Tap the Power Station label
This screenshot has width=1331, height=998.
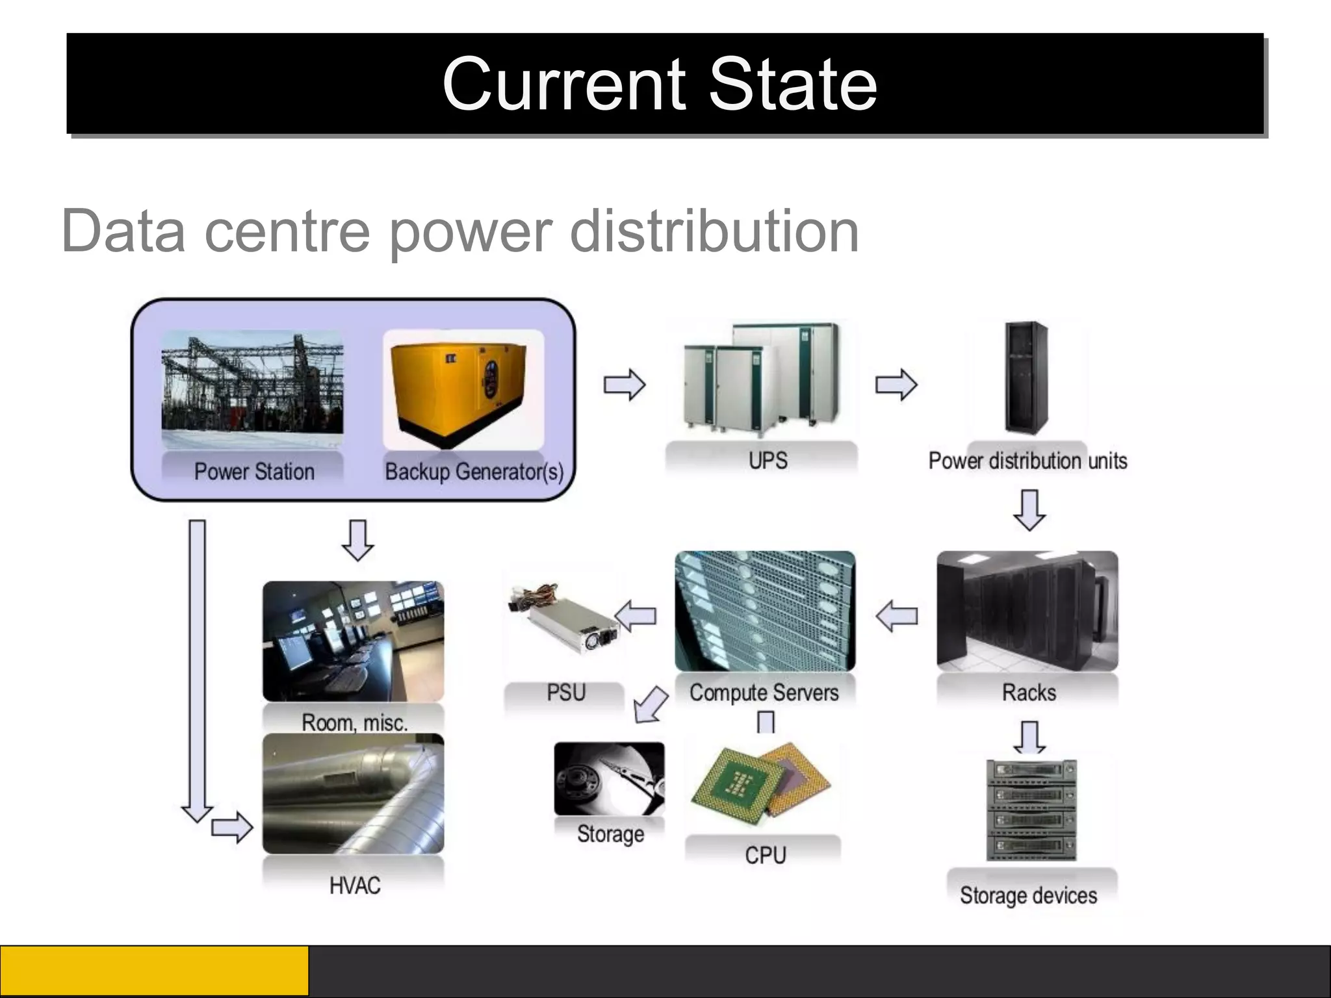pyautogui.click(x=254, y=471)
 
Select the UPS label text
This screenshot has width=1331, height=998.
pyautogui.click(x=768, y=461)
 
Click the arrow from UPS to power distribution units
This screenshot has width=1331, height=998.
pyautogui.click(x=896, y=385)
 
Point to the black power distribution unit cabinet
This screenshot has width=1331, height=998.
pyautogui.click(x=1026, y=377)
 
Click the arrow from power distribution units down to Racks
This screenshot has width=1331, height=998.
pyautogui.click(x=1029, y=510)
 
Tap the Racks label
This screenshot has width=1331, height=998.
pyautogui.click(x=1029, y=693)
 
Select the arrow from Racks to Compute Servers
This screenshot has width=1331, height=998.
pyautogui.click(x=896, y=615)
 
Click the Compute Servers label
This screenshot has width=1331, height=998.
pyautogui.click(x=764, y=693)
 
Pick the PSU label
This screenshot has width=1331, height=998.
pyautogui.click(x=566, y=693)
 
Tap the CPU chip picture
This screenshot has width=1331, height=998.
pyautogui.click(x=760, y=783)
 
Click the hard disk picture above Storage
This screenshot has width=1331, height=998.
pyautogui.click(x=609, y=778)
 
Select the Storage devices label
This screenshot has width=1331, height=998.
pyautogui.click(x=1028, y=895)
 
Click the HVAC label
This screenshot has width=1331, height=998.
pyautogui.click(x=355, y=885)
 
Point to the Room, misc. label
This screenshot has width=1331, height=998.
pyautogui.click(x=354, y=723)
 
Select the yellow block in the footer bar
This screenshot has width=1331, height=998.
pyautogui.click(x=154, y=971)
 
